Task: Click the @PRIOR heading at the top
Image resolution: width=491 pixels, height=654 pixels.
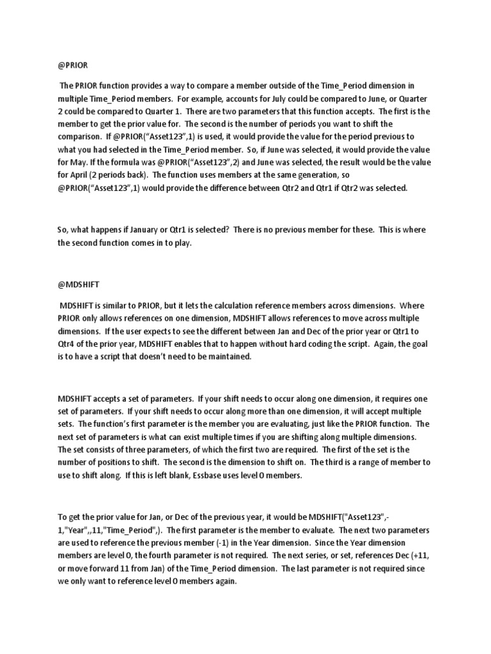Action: [72, 65]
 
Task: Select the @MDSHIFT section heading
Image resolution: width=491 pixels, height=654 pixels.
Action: [75, 282]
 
